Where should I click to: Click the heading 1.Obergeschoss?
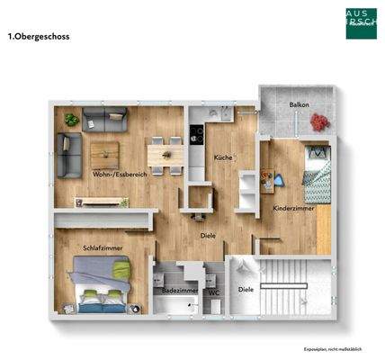coord(39,37)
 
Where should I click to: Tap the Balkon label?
coord(299,105)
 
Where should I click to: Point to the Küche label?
coord(222,157)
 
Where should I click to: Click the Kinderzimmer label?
coord(292,208)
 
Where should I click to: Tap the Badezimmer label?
coord(175,291)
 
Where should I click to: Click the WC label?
coord(214,291)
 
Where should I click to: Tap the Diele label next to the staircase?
coord(245,289)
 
